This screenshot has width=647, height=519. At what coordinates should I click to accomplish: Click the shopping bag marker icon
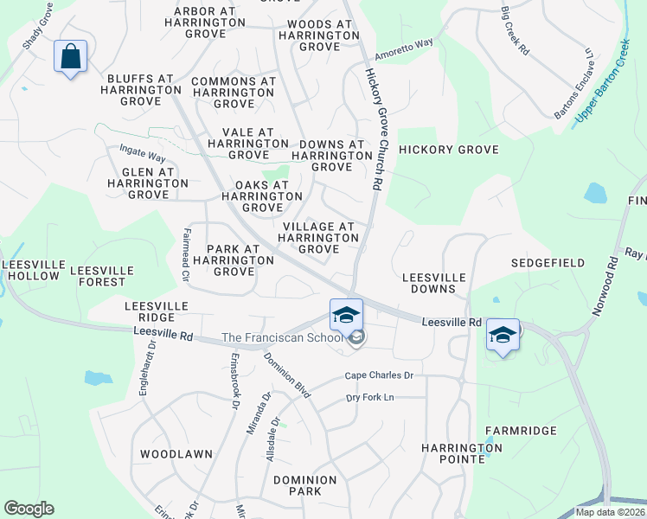[x=71, y=57]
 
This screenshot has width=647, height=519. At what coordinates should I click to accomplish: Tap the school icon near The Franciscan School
[x=346, y=315]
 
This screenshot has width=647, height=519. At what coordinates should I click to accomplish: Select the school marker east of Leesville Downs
[x=503, y=334]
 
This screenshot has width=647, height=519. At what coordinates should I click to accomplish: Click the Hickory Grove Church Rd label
[x=373, y=130]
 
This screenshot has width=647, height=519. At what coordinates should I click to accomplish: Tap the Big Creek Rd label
[x=515, y=31]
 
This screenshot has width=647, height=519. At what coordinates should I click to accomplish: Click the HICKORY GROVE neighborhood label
[x=449, y=150]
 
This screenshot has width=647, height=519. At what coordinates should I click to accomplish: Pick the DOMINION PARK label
[x=304, y=485]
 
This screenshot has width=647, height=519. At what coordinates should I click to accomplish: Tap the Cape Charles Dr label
[x=379, y=375]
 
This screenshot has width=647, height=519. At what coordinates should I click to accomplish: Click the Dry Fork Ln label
[x=369, y=397]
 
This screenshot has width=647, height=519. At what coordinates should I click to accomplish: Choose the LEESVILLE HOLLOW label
[x=30, y=270]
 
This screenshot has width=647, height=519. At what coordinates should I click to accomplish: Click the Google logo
[x=29, y=508]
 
